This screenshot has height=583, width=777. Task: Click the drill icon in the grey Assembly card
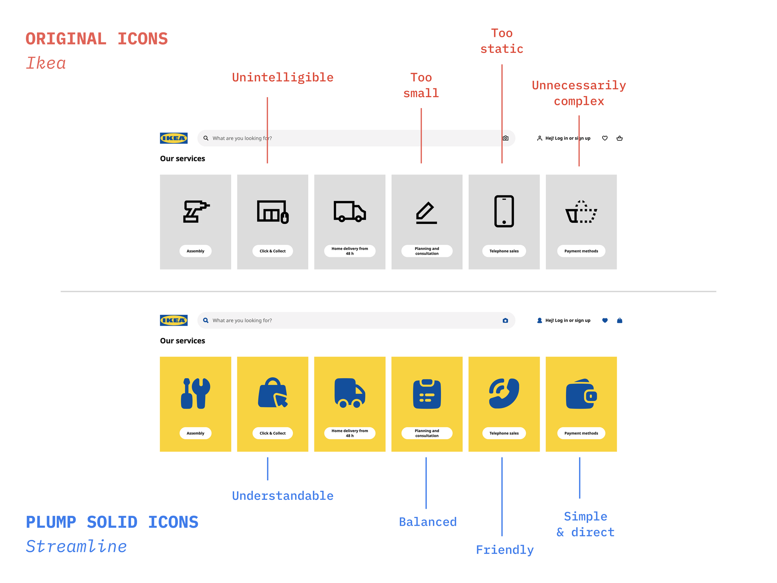196,211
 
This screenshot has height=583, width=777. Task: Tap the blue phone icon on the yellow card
504,393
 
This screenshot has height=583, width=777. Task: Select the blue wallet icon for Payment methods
581,394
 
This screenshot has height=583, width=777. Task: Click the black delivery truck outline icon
350,211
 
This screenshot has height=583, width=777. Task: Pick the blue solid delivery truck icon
350,393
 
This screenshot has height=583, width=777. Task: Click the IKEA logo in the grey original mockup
174,138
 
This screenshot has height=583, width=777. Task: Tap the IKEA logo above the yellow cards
174,320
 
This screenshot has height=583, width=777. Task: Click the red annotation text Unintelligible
282,77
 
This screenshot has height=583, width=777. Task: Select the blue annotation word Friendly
505,550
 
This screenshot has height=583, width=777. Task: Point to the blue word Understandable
282,496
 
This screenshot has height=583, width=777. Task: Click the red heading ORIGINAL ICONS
97,39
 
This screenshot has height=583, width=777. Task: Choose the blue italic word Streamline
76,546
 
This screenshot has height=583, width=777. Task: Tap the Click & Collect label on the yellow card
272,433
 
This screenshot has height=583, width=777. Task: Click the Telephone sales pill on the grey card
504,251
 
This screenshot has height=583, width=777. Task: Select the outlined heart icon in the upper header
605,138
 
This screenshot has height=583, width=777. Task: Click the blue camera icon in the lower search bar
505,321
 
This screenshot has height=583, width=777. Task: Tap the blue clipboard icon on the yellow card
427,394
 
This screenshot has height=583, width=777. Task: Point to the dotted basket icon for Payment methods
581,212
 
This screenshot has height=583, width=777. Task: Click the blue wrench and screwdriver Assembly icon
195,393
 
